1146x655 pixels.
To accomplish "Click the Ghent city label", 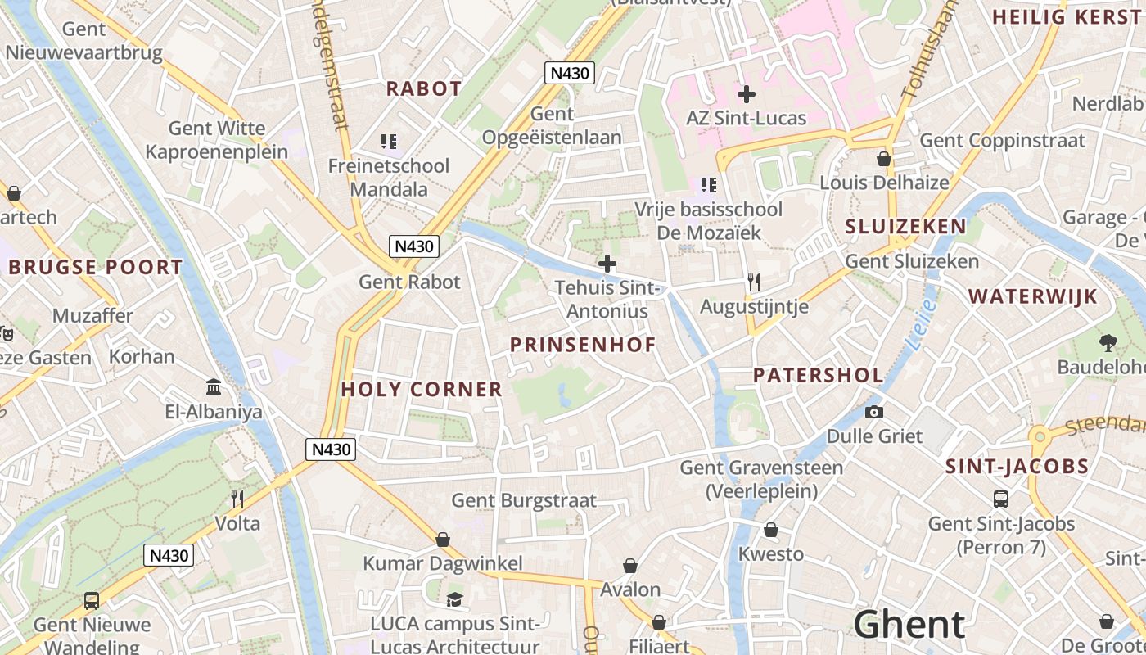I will point(909,625).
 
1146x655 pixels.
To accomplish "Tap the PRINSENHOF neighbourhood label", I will point(583,345).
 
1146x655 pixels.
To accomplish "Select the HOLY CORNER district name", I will point(422,389).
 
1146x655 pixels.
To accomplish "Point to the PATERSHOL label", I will point(818,375).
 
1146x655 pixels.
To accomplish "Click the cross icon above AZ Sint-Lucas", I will point(746,94).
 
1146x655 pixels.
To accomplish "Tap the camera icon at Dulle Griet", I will point(874,412).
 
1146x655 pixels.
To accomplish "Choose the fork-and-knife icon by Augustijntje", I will point(754,282).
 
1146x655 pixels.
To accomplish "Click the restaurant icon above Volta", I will point(237,499).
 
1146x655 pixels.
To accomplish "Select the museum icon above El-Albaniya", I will point(214,386).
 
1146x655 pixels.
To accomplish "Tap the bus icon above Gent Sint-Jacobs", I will point(1000,499).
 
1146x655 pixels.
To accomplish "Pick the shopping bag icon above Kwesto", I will point(770,530).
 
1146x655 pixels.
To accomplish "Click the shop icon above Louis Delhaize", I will point(884,158).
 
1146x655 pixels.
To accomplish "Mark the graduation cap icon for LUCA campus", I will point(454,599).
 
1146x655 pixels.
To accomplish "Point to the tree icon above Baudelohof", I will point(1108,342).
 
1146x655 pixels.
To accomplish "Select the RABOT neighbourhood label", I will point(424,88).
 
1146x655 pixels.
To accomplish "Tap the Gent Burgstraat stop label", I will point(524,500).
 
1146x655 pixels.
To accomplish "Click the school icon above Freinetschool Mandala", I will point(389,142).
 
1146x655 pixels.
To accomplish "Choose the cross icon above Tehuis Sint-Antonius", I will point(607,264).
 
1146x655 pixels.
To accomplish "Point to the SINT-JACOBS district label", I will point(1017,467).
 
